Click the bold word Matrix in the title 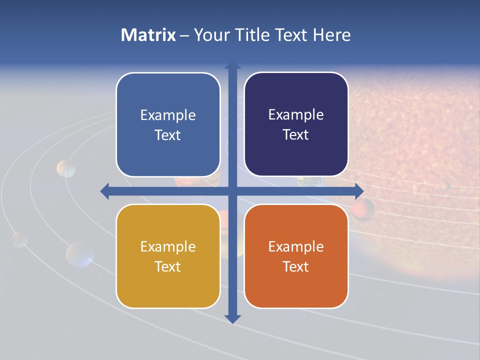(x=148, y=35)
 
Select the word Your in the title (x=208, y=35)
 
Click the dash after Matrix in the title (x=184, y=35)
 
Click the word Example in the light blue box (x=168, y=115)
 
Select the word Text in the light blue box (x=168, y=135)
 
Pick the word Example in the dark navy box (x=296, y=115)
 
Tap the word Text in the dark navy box (x=296, y=135)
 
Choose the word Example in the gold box (x=168, y=247)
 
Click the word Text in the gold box (x=168, y=267)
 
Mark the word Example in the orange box (x=296, y=247)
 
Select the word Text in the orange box (x=296, y=267)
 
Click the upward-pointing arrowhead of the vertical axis (x=232, y=65)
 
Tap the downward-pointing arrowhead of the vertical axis (x=232, y=318)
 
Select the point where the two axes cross (x=232, y=191)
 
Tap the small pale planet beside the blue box (x=66, y=169)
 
